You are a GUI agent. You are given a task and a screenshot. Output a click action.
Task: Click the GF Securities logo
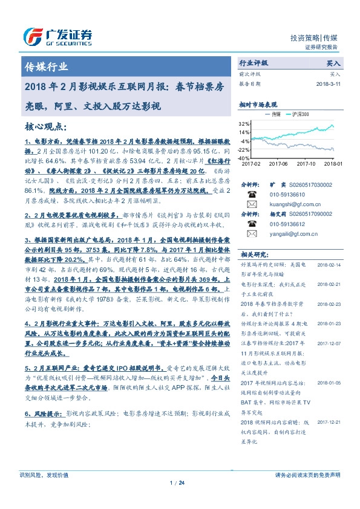click(x=58, y=37)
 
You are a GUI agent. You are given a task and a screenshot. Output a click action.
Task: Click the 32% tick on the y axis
click(x=244, y=123)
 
